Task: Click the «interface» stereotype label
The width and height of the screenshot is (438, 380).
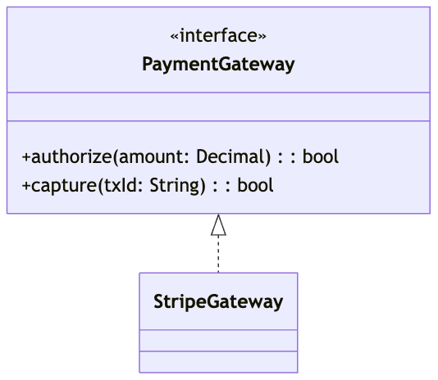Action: click(x=218, y=36)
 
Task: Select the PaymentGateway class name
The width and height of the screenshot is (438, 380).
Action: click(x=218, y=65)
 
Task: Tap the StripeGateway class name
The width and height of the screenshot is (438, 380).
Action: click(x=218, y=302)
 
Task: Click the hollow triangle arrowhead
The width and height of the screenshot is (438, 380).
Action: click(x=218, y=225)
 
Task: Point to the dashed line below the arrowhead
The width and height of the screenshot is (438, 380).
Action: click(x=218, y=254)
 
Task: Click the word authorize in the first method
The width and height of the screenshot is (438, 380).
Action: click(x=71, y=156)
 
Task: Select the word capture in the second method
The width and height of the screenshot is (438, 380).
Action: click(x=64, y=186)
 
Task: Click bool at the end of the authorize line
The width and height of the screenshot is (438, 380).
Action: click(x=321, y=156)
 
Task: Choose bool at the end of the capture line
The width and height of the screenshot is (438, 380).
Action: click(x=255, y=186)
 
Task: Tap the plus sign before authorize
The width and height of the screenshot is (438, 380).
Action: click(x=26, y=157)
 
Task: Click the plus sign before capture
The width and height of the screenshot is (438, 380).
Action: click(x=26, y=186)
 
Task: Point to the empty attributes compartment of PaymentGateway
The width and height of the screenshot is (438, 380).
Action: click(x=218, y=106)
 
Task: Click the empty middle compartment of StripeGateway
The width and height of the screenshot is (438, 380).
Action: click(x=218, y=341)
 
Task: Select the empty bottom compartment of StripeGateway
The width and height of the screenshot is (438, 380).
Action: click(x=218, y=362)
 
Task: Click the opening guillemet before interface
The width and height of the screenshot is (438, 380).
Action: click(x=175, y=37)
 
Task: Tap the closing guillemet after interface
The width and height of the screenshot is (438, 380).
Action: click(x=262, y=37)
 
